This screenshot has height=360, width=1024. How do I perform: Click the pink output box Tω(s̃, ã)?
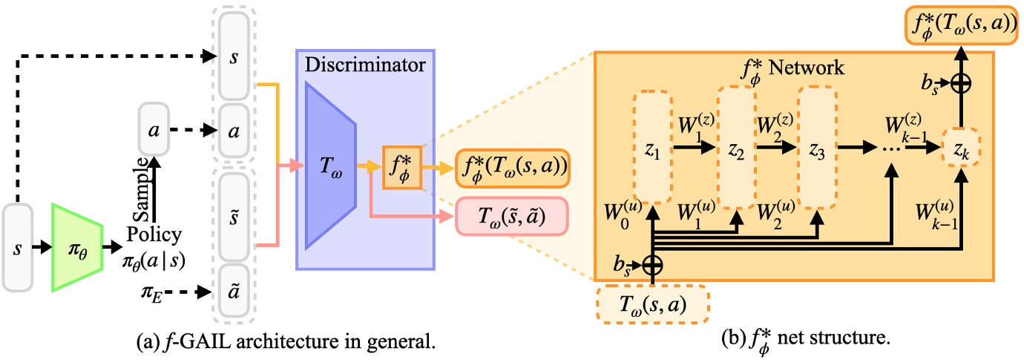tap(511, 216)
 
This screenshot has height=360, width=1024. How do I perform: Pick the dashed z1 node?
tap(653, 148)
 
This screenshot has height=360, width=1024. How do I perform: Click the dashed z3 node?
tap(817, 148)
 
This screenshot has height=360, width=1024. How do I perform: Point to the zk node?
tap(961, 148)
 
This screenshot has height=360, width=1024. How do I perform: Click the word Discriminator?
tap(363, 65)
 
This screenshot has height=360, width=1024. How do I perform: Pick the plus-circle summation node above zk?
tap(961, 84)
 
